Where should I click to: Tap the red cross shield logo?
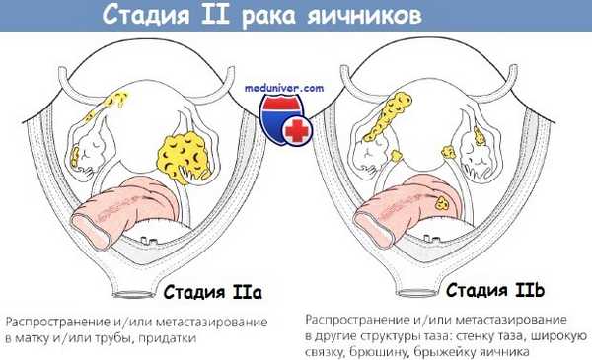click(x=285, y=119)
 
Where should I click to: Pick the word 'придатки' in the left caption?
click(x=168, y=338)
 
